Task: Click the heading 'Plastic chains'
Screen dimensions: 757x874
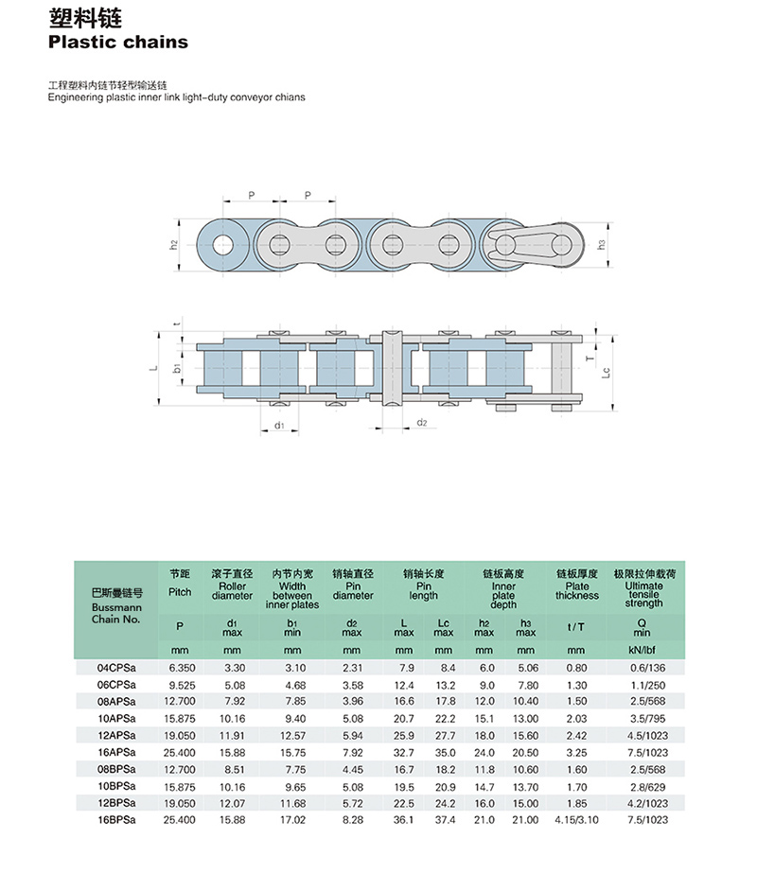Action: point(118,43)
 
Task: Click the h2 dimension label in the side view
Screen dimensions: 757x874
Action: point(173,245)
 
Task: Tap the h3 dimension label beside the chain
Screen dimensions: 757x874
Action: point(601,244)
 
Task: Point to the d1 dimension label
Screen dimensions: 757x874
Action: point(279,426)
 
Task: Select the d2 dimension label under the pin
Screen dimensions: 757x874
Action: point(422,423)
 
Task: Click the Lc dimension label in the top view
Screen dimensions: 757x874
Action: point(606,373)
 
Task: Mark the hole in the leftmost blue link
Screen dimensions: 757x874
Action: point(222,245)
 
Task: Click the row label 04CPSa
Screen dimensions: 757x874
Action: point(116,668)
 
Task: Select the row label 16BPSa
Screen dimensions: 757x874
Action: point(116,820)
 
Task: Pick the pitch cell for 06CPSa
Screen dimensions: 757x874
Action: point(180,685)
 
